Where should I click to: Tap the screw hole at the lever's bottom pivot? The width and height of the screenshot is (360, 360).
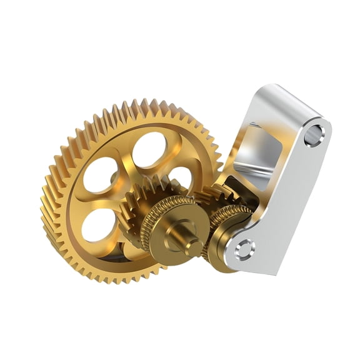click(x=244, y=249)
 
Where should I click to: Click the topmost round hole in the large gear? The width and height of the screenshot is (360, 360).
click(x=149, y=149)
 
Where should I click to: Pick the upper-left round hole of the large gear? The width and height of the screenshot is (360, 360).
click(x=101, y=174)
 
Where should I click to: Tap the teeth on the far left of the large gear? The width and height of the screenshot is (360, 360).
click(x=50, y=200)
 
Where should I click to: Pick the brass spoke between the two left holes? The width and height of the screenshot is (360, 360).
click(x=94, y=200)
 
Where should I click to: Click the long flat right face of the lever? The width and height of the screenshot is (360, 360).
click(x=294, y=200)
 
